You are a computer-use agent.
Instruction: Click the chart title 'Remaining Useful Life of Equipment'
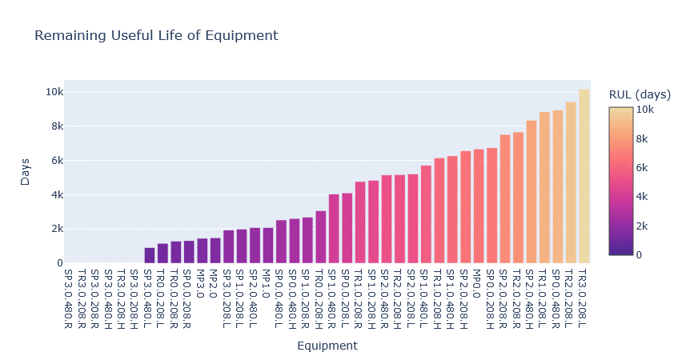click(x=156, y=36)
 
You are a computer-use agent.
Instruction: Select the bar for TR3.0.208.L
click(x=584, y=176)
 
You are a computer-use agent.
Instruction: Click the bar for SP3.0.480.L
click(x=150, y=255)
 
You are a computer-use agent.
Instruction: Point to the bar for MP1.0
click(x=268, y=246)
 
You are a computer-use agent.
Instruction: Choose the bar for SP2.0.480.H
click(x=531, y=192)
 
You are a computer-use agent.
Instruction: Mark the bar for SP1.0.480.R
click(x=334, y=229)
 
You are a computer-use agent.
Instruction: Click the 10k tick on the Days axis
click(x=54, y=92)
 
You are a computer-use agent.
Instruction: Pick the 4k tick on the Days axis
click(x=57, y=194)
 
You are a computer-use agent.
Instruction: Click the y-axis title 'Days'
click(x=26, y=172)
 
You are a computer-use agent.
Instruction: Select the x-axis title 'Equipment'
click(x=327, y=346)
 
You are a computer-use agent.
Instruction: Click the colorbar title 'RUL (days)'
click(x=640, y=94)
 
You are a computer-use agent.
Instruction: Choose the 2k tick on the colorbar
click(x=642, y=226)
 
